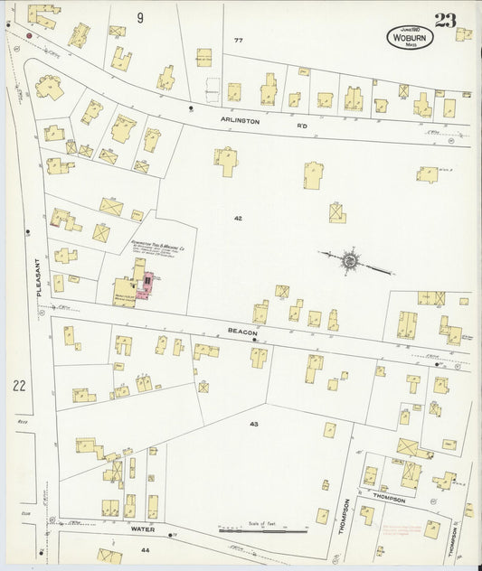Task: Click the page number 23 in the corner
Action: (x=444, y=21)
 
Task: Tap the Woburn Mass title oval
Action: (x=410, y=37)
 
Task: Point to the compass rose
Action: (x=350, y=261)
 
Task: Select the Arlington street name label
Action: (x=240, y=119)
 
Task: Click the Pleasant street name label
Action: (x=40, y=282)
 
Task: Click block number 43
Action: (x=253, y=423)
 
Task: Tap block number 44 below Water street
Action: (x=145, y=548)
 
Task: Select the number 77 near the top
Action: (x=239, y=41)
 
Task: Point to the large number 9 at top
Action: (x=140, y=17)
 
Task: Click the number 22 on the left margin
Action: (x=19, y=386)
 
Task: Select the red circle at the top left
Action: (x=29, y=36)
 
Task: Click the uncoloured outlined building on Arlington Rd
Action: (x=213, y=89)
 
